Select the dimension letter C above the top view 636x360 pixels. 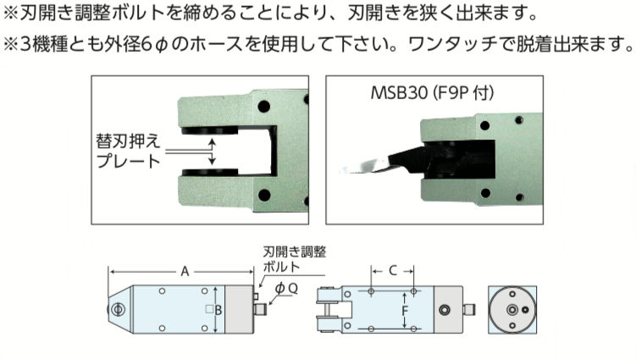point(392,271)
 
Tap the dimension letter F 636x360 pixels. point(405,311)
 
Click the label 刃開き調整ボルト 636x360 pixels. point(294,258)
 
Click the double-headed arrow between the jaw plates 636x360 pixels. point(213,152)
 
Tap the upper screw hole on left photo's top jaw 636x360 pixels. point(264,108)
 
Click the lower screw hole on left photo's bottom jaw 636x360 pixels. point(264,198)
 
